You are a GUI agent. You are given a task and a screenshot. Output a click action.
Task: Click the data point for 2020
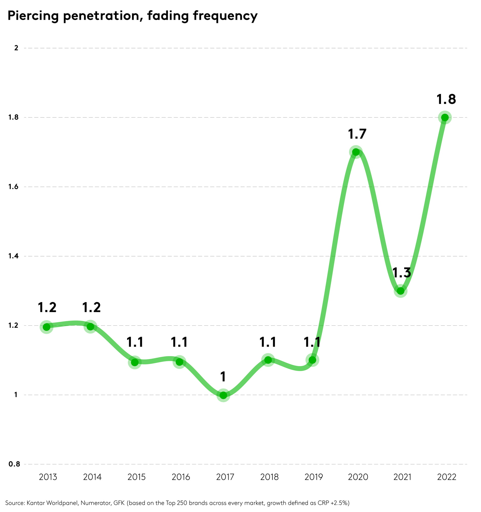pos(356,152)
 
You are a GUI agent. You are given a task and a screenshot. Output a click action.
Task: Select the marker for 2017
pos(223,395)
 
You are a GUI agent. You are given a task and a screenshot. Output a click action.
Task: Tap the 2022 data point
pos(445,118)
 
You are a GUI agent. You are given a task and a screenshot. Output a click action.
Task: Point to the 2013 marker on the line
pos(47,327)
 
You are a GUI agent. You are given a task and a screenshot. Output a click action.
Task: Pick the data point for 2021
pos(401,291)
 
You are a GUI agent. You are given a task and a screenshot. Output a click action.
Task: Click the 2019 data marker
pos(312,360)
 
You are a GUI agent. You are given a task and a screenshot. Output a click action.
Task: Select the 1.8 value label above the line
pos(446,99)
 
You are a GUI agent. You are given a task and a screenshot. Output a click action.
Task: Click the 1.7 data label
pos(357,134)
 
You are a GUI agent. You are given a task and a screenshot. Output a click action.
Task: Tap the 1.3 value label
pos(402,273)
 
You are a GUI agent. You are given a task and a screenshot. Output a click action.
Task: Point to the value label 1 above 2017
pos(223,377)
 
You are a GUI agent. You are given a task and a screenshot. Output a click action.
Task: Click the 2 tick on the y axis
pos(16,48)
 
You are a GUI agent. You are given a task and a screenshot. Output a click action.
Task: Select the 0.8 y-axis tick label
pos(14,464)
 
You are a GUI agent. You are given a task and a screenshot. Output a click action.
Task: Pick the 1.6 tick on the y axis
pos(13,187)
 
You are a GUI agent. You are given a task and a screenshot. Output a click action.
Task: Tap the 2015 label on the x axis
pos(137,477)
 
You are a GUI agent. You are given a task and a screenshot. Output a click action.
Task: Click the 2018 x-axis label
pos(269,477)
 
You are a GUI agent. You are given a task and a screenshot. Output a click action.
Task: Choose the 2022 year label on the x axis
pos(447,477)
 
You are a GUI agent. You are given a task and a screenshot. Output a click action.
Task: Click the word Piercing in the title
pos(33,16)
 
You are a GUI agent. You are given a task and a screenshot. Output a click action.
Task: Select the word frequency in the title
pos(225,16)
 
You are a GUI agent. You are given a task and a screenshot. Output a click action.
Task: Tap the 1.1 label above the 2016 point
pos(179,342)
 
